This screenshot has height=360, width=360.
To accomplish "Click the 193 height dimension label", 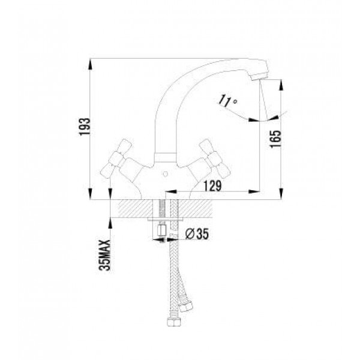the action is (85, 127).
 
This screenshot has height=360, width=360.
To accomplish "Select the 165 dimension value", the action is (276, 139).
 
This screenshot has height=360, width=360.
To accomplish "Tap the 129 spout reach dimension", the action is (212, 186).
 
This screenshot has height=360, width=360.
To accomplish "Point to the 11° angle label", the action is (227, 101).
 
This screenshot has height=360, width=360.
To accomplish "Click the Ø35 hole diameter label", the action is (197, 234).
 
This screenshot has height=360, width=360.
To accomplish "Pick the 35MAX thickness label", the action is (104, 255).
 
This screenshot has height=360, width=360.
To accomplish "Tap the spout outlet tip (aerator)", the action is (259, 76).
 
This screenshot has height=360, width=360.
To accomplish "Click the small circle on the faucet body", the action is (165, 174).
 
